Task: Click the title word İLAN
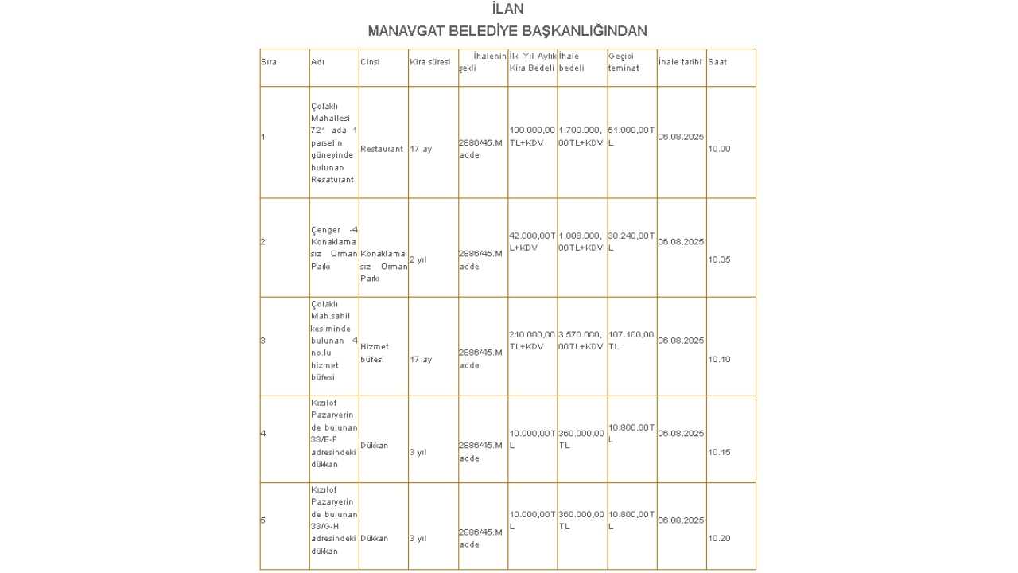tap(507, 10)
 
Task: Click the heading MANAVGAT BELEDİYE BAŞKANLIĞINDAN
tap(507, 31)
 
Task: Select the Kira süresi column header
tap(429, 62)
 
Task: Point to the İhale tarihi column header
tap(680, 62)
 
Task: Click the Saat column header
tap(717, 62)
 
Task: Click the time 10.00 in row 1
tap(719, 149)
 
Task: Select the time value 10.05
tap(719, 259)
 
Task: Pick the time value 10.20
tap(719, 538)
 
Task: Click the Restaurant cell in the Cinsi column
tap(382, 149)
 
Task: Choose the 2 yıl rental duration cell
tap(418, 259)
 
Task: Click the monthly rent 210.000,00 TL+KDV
tap(532, 340)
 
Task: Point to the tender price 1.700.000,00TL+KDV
tap(581, 136)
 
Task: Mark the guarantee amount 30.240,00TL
tap(631, 241)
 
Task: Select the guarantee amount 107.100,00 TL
tap(631, 340)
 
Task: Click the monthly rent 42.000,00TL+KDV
tap(532, 241)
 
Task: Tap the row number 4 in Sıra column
tap(263, 433)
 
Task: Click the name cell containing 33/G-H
tap(334, 520)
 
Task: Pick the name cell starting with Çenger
tap(334, 248)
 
